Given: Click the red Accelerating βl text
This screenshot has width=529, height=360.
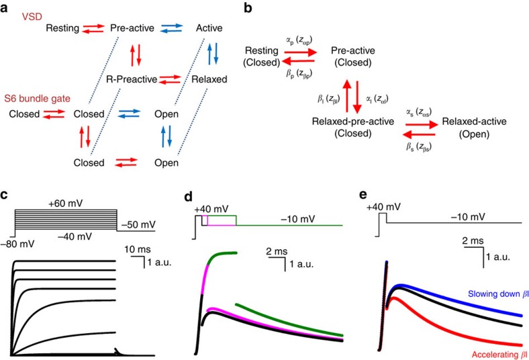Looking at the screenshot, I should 493,353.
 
